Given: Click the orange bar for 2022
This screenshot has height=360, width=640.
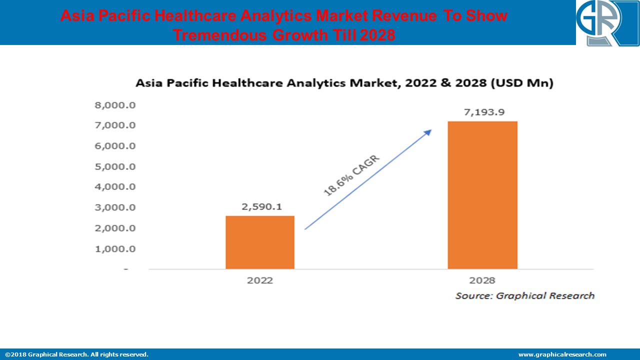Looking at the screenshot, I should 260,242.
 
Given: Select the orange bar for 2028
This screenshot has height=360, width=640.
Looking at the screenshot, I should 482,195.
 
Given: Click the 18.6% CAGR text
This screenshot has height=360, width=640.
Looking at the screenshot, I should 352,176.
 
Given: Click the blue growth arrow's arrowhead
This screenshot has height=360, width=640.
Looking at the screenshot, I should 428,132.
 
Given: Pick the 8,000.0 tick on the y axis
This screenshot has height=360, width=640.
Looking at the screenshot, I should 115,105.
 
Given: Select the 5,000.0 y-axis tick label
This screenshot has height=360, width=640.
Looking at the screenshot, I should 115,166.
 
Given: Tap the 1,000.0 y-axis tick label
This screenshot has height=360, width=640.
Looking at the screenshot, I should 115,249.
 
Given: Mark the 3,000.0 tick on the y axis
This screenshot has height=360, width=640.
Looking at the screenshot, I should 115,207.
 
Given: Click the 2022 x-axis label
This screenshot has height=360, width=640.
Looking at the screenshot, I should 260,280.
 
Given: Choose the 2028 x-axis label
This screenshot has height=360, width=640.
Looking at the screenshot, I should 482,280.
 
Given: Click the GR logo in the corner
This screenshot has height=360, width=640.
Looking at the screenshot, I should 607,23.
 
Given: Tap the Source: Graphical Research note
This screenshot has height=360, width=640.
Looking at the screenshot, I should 524,296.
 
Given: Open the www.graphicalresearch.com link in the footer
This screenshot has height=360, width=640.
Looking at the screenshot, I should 562,354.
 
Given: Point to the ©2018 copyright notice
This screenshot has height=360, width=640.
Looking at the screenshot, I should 76,354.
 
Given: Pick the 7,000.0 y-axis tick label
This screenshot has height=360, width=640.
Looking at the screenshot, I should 115,125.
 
